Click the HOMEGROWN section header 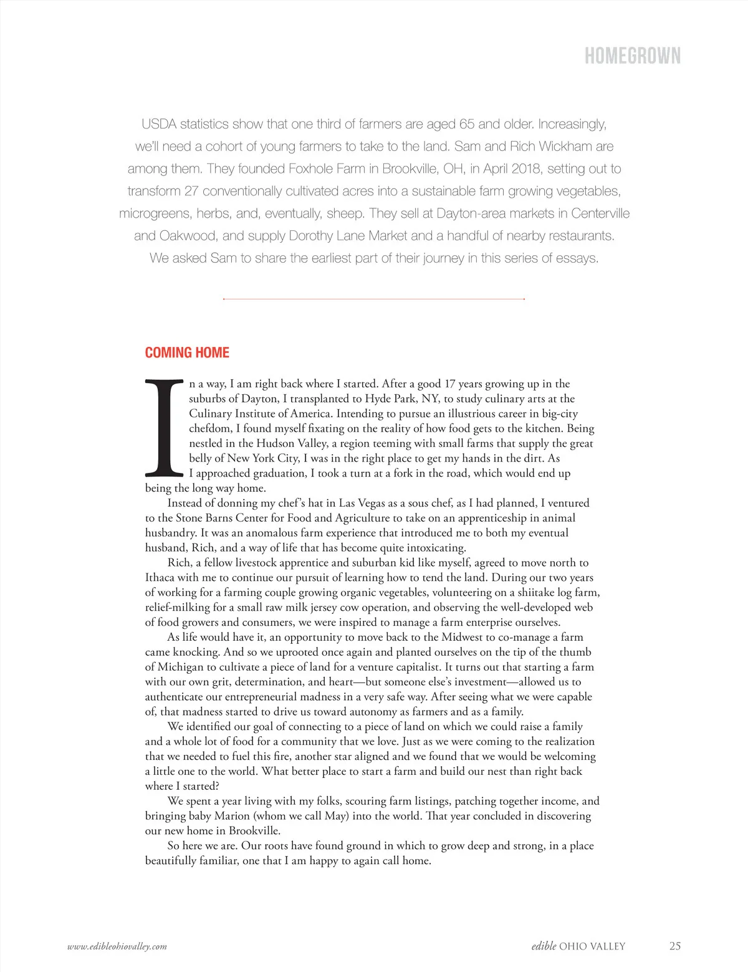(x=632, y=56)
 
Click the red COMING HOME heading (x=187, y=352)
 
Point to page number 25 (x=674, y=946)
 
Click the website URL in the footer (x=117, y=946)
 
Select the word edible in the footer (x=544, y=946)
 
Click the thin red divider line (x=374, y=299)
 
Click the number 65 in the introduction (x=467, y=124)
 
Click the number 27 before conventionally (x=191, y=192)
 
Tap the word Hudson (x=276, y=444)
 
